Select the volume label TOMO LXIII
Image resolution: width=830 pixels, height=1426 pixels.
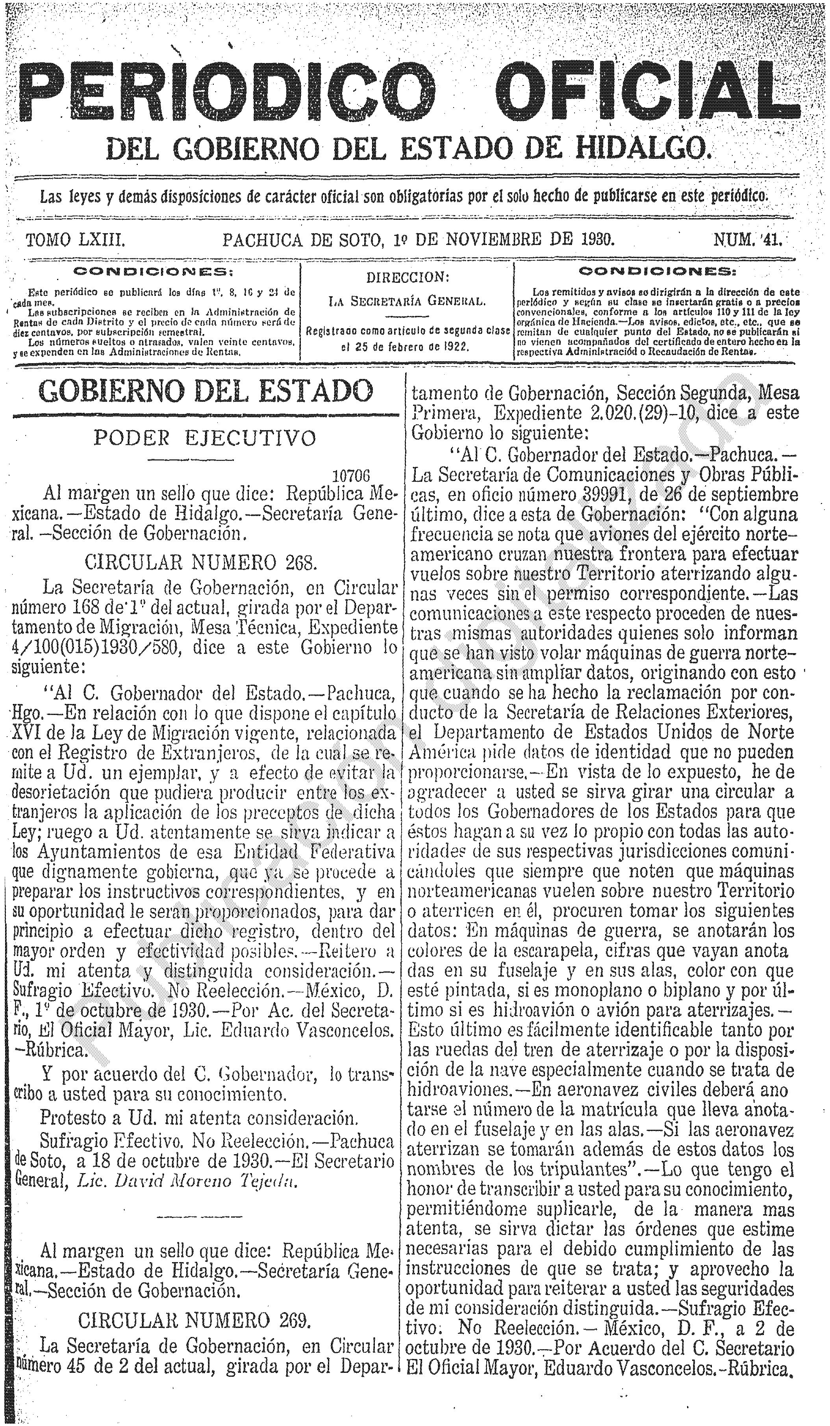(75, 241)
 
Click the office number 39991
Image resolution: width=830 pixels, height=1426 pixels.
(601, 495)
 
